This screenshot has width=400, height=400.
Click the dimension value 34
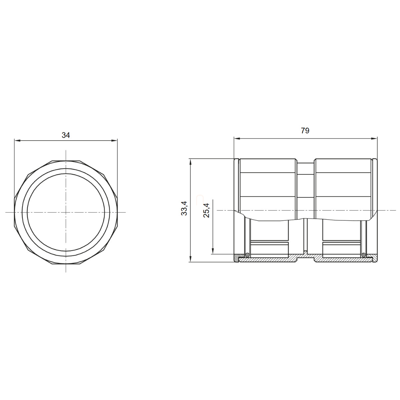tap(66, 135)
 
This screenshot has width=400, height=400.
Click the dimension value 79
tap(305, 131)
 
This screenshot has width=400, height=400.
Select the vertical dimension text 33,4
tap(184, 208)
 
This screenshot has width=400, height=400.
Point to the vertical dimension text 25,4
tap(207, 210)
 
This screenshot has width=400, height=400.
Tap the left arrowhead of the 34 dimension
tap(17, 141)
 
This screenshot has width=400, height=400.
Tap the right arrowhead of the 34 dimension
tap(115, 141)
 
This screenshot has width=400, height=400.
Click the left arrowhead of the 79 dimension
tap(237, 139)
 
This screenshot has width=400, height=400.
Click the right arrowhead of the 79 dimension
tap(374, 139)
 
